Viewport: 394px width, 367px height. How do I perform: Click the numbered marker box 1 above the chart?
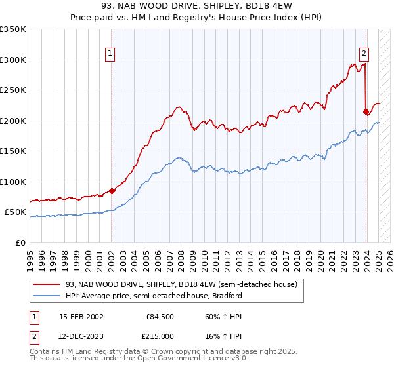(x=110, y=54)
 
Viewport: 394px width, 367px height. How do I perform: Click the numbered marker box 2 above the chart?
(x=364, y=54)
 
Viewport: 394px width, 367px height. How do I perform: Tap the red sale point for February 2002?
(x=112, y=191)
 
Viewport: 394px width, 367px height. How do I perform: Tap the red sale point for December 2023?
(x=366, y=112)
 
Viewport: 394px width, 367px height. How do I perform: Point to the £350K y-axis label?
(x=14, y=29)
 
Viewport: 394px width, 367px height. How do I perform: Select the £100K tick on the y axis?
(x=14, y=182)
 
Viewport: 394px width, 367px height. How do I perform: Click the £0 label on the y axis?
(x=20, y=242)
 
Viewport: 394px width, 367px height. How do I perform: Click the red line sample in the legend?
(x=46, y=284)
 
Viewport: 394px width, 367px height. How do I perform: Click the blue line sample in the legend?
(x=46, y=296)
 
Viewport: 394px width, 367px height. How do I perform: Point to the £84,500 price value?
(x=160, y=316)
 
